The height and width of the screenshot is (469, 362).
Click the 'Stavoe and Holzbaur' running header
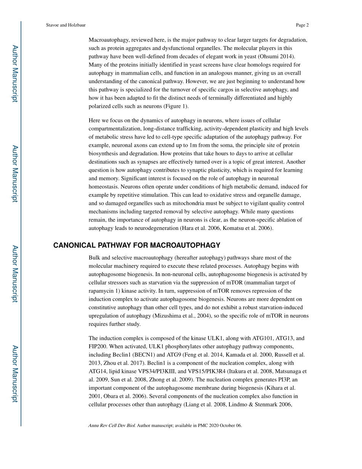66,25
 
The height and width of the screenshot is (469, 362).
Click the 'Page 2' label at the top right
302,25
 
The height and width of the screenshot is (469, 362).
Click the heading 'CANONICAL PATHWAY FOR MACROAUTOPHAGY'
137,245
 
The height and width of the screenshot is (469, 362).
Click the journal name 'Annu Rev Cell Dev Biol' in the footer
112,425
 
